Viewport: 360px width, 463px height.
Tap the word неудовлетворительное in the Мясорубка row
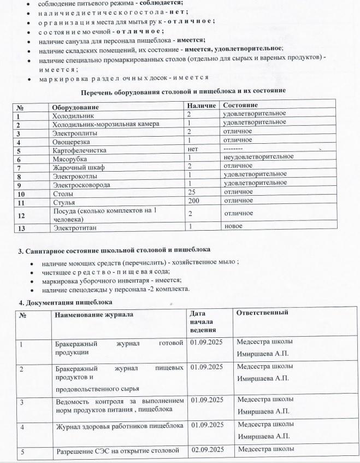click(258, 157)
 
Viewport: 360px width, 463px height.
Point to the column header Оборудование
click(74, 106)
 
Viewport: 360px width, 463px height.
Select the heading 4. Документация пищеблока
click(66, 302)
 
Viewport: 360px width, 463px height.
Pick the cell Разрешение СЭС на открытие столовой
click(118, 451)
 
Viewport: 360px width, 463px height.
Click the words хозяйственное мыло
click(210, 262)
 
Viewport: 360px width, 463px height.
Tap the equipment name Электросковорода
click(80, 185)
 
